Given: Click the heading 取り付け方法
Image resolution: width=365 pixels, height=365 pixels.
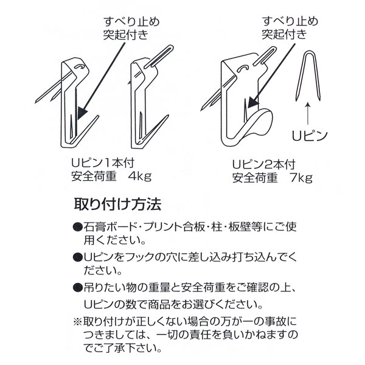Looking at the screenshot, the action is (x=117, y=204).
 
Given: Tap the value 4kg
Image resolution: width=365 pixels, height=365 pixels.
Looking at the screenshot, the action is (x=140, y=176).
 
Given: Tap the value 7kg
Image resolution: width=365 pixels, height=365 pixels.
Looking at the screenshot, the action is (x=301, y=178).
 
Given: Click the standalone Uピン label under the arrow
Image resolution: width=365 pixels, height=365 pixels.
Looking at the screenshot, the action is (x=310, y=136).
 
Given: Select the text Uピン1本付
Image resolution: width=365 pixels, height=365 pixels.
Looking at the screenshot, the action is (x=103, y=163).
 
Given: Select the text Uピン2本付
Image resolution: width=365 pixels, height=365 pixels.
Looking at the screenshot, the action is (x=264, y=165).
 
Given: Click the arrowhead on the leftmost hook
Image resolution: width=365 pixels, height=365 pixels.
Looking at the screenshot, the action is (x=82, y=113).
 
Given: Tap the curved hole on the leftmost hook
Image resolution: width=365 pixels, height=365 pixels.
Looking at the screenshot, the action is (x=79, y=66).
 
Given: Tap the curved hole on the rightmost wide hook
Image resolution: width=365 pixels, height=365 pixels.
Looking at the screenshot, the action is (x=242, y=68).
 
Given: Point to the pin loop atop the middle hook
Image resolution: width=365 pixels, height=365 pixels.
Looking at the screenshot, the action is (x=159, y=57).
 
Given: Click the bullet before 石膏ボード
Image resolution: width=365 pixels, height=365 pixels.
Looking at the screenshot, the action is (x=78, y=227).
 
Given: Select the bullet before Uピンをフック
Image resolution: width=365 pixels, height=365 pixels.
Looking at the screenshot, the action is (x=78, y=257).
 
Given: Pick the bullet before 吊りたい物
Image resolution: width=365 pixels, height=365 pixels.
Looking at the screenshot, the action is (x=78, y=288).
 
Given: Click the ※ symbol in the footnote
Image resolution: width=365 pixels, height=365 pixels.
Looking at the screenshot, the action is (x=78, y=322).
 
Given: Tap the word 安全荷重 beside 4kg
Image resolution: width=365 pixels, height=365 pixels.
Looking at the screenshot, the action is (x=94, y=176).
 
